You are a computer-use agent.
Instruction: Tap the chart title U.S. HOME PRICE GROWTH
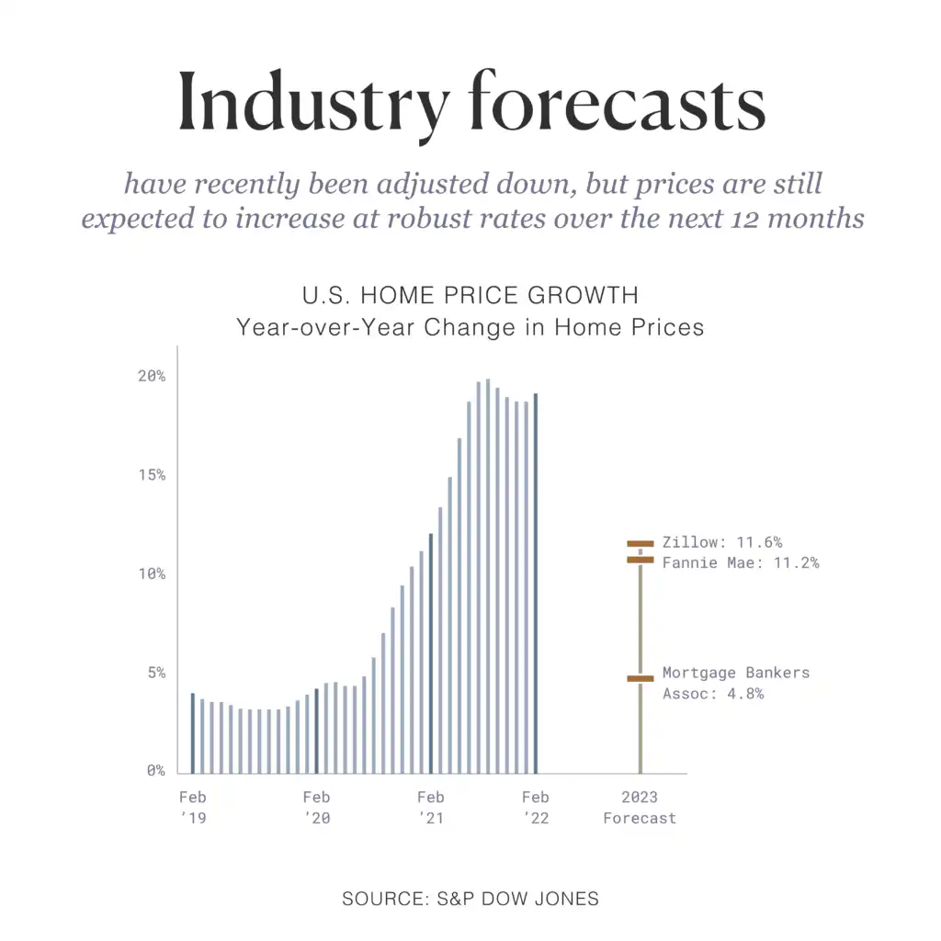[x=470, y=296]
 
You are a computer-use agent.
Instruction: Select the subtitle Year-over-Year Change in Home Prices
[x=470, y=327]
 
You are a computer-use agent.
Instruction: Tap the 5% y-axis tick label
[x=155, y=673]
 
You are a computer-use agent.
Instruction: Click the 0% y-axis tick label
[x=155, y=771]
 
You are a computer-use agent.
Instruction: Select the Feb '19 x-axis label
[x=192, y=807]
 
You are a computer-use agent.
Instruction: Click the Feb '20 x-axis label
[x=316, y=807]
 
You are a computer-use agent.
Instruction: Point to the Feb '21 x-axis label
[x=430, y=807]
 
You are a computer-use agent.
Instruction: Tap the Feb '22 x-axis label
[x=535, y=807]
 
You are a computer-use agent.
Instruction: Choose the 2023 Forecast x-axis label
[x=640, y=807]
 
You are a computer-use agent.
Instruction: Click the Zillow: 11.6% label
[x=722, y=542]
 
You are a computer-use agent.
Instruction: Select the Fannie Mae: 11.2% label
[x=740, y=562]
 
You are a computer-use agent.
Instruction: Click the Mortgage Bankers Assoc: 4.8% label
[x=735, y=683]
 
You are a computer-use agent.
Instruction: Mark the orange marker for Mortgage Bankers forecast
[x=641, y=679]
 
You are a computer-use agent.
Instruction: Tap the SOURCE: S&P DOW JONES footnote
[x=470, y=899]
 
